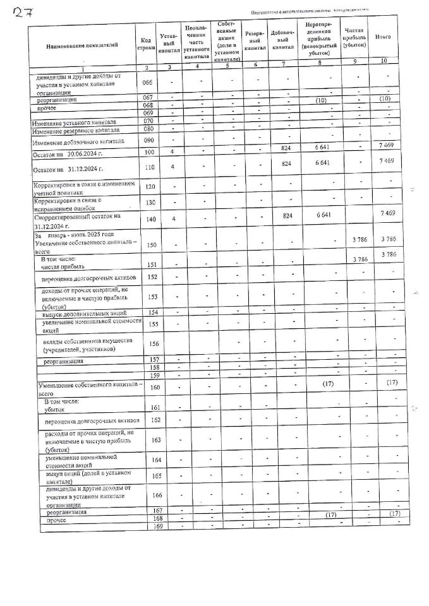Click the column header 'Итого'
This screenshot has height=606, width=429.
point(382,37)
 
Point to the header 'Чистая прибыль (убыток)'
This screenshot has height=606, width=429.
point(354,38)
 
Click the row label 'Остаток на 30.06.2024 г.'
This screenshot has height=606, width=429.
point(69,154)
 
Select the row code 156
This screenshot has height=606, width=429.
point(151,343)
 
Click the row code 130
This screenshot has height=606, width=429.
point(149,203)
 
